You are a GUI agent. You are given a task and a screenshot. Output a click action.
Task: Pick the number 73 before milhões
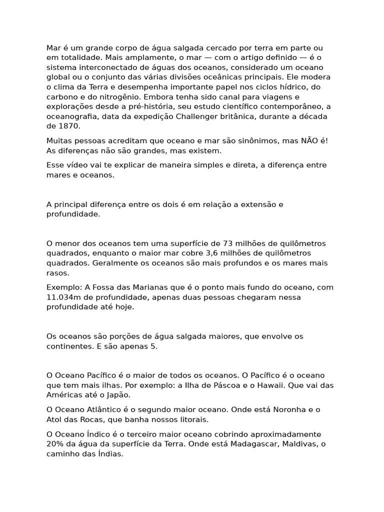227,243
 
